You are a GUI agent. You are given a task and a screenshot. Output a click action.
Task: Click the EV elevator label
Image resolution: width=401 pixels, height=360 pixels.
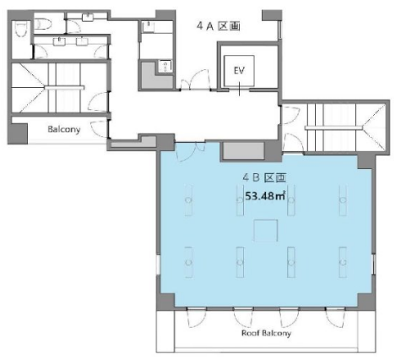(239, 70)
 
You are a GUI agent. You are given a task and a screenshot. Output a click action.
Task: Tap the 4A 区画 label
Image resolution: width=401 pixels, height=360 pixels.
(218, 26)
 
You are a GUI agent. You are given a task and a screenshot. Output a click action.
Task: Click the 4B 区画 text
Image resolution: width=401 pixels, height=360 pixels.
(264, 177)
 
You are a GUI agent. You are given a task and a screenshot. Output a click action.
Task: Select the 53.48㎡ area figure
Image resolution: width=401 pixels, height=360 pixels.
(265, 195)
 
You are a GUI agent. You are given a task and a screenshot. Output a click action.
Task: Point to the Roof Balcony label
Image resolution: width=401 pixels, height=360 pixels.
(266, 333)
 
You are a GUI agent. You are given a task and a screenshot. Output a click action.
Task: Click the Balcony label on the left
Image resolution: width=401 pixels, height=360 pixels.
(64, 129)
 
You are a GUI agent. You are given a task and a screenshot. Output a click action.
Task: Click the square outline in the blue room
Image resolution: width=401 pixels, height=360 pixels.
(266, 231)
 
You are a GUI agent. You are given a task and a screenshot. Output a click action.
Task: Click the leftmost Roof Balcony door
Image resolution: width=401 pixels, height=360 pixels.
(197, 317)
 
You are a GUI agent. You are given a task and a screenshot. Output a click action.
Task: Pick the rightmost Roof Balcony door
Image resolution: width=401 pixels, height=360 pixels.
(336, 317)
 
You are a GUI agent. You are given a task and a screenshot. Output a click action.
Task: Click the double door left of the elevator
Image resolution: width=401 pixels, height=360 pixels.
(195, 80)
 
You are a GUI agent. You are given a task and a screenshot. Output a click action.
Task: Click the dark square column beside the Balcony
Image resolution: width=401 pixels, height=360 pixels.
(18, 134)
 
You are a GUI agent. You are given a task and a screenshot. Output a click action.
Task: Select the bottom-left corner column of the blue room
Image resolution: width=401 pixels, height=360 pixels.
(165, 302)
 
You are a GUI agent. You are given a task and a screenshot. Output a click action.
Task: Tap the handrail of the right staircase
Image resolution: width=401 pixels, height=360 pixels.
(334, 128)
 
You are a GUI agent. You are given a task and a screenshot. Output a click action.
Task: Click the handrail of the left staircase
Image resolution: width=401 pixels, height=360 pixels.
(64, 88)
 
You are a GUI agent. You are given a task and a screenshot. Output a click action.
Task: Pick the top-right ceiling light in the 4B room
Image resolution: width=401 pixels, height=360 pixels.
(343, 200)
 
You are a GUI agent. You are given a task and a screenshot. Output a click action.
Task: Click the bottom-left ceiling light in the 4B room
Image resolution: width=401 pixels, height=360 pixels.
(188, 263)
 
